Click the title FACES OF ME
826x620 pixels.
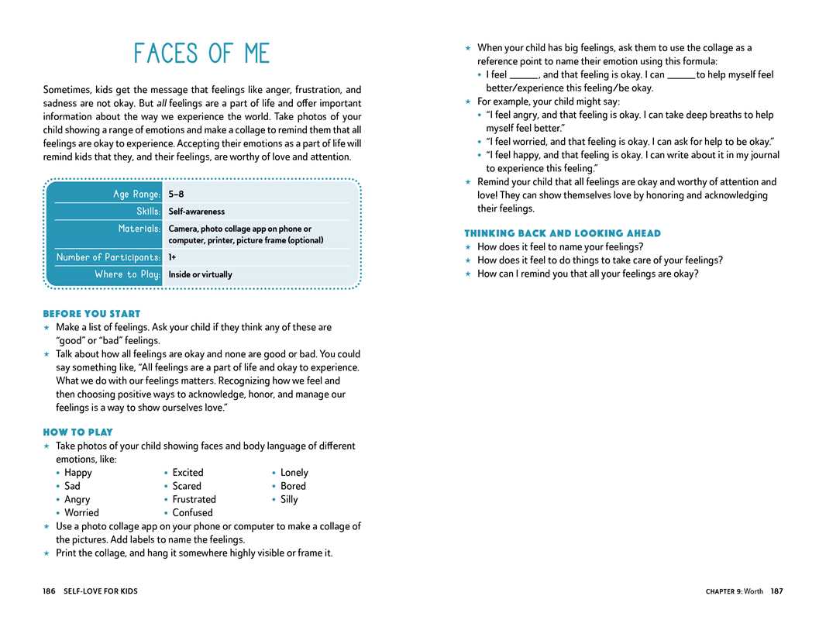(201, 53)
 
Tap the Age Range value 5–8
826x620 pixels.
(176, 195)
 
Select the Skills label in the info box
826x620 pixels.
(148, 212)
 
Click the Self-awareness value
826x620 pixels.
(197, 212)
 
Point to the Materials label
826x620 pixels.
(139, 229)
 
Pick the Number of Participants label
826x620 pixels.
(108, 257)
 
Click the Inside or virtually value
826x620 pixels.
(200, 274)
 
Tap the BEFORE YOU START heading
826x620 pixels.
(91, 314)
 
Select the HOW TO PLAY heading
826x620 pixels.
(77, 432)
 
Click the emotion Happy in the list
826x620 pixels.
(77, 473)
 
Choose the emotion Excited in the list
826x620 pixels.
(188, 473)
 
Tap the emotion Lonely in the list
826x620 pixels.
(294, 473)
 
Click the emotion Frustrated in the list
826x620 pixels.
(194, 500)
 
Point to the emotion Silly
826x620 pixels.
(288, 500)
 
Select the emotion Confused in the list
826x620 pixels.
(192, 513)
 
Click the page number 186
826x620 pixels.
(50, 591)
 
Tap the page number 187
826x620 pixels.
(776, 591)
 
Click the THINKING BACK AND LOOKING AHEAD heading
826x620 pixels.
(563, 233)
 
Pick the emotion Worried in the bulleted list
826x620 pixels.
(81, 513)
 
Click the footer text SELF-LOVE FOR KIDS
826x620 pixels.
(101, 591)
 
